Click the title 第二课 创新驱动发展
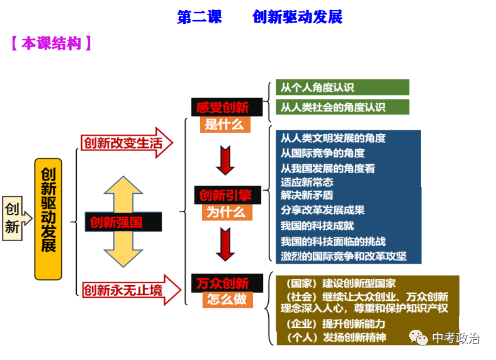[259, 17]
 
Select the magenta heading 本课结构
[52, 44]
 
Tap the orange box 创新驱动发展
[48, 218]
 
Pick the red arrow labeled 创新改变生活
[126, 143]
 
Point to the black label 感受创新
[222, 107]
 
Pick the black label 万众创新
[222, 283]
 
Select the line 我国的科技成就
[317, 225]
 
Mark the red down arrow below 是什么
[225, 160]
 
